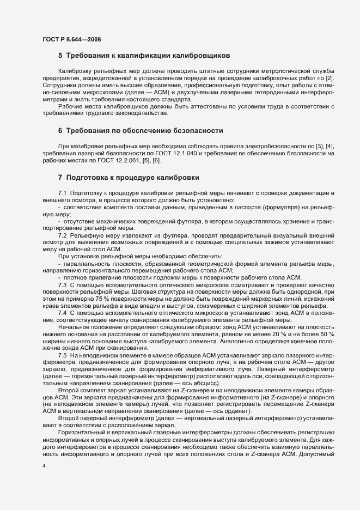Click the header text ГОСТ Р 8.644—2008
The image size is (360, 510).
coord(71,39)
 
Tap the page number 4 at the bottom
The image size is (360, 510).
coord(44,467)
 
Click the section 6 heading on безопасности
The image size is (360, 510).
coord(141,131)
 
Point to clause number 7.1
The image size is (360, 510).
coord(62,194)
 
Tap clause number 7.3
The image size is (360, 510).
coord(62,285)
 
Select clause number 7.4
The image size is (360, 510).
coord(62,313)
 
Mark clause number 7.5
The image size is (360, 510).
coord(62,355)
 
